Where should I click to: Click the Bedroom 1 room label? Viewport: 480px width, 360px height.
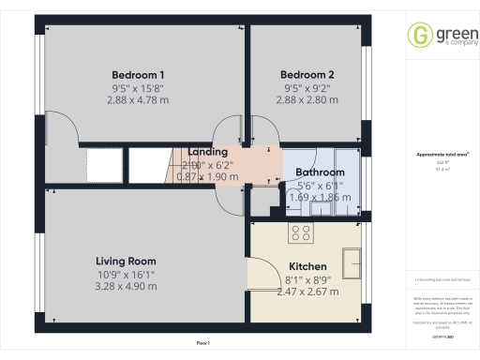click(x=138, y=75)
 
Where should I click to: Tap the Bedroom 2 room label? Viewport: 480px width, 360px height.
click(x=307, y=75)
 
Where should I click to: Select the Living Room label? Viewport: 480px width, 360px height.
click(x=126, y=261)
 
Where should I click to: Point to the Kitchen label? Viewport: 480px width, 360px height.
click(x=307, y=266)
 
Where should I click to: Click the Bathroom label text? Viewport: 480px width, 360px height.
click(x=320, y=172)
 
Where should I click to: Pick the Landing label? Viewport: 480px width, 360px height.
click(x=207, y=152)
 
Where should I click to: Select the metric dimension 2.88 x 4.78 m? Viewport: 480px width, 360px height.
click(x=138, y=99)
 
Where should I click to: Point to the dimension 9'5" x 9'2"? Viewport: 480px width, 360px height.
click(x=307, y=87)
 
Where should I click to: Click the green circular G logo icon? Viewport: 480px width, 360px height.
click(x=418, y=36)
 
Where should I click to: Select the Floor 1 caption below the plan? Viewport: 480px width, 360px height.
click(x=202, y=344)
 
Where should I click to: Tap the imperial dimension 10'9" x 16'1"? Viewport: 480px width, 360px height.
click(x=126, y=274)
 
